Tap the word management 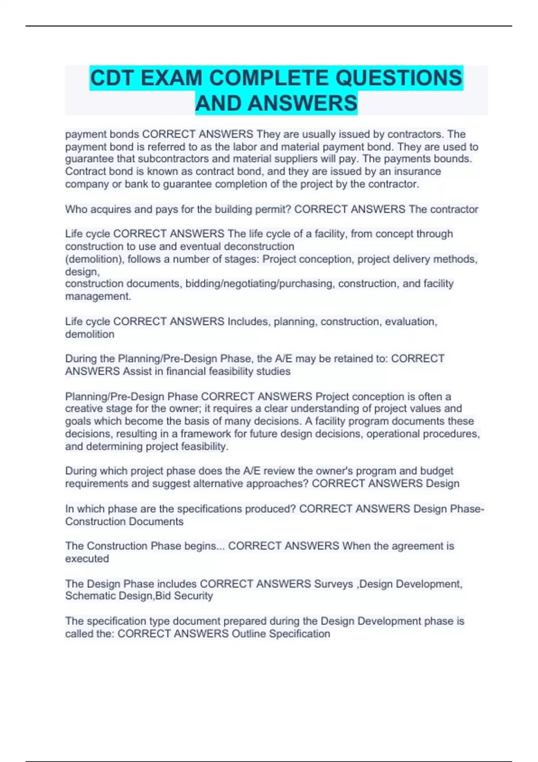point(98,296)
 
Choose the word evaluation point(411,322)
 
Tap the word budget point(437,471)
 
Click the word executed point(87,559)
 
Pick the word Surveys point(334,584)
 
